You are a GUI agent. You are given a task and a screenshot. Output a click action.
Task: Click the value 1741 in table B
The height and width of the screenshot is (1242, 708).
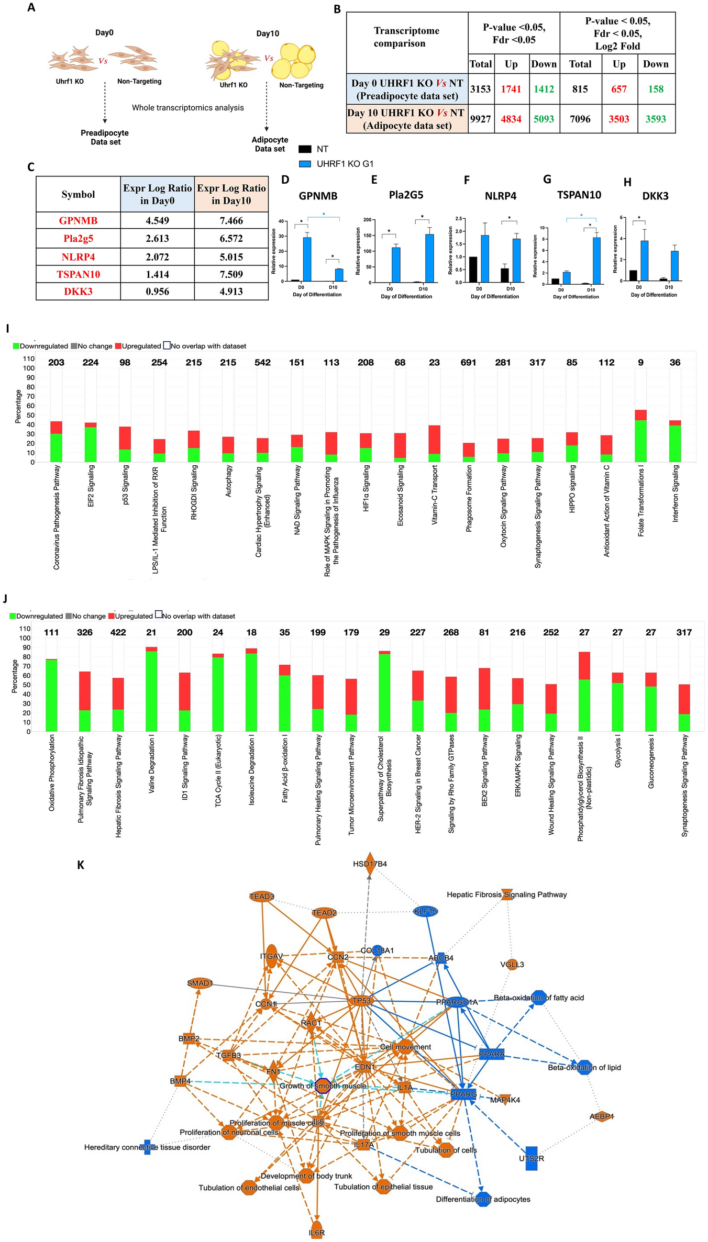511,89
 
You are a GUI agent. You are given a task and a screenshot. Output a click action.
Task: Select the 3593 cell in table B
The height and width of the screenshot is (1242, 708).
656,119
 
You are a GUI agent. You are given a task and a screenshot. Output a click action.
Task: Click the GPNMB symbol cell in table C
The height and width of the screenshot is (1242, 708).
78,220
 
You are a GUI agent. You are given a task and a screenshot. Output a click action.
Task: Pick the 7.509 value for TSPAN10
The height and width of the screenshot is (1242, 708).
231,274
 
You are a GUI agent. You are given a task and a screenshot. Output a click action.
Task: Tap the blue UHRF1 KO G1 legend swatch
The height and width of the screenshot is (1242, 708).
305,164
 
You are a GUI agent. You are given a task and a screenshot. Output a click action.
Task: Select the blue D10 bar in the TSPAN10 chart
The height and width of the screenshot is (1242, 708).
596,261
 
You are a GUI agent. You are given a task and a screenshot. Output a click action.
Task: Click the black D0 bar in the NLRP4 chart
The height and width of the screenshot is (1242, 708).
473,270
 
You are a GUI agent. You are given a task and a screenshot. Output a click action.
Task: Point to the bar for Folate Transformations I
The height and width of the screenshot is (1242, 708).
640,435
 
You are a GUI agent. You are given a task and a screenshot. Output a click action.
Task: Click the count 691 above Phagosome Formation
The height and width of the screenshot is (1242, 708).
468,362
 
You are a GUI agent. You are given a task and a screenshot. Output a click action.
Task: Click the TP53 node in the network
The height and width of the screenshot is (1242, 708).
361,1000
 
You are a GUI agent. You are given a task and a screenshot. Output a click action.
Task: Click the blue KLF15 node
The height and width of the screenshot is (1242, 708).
425,911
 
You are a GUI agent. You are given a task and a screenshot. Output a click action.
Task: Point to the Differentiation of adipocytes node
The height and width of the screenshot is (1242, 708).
483,1199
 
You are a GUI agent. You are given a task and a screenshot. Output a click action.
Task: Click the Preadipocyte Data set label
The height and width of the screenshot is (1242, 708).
105,137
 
